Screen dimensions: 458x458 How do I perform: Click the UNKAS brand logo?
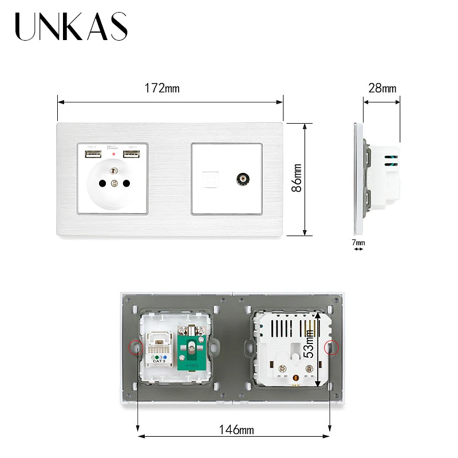[x=72, y=27]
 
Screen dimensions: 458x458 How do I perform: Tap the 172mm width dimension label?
[x=162, y=89]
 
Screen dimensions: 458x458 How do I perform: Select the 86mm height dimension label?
[x=297, y=178]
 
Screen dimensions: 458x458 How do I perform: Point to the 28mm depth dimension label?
[x=381, y=89]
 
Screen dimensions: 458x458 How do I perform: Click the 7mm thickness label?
[x=358, y=243]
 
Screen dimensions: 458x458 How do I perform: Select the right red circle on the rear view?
[x=330, y=348]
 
